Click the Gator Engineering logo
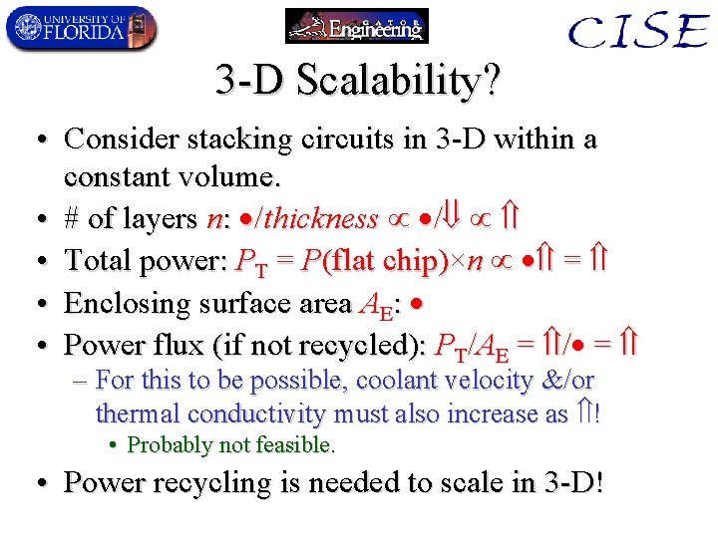356,26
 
